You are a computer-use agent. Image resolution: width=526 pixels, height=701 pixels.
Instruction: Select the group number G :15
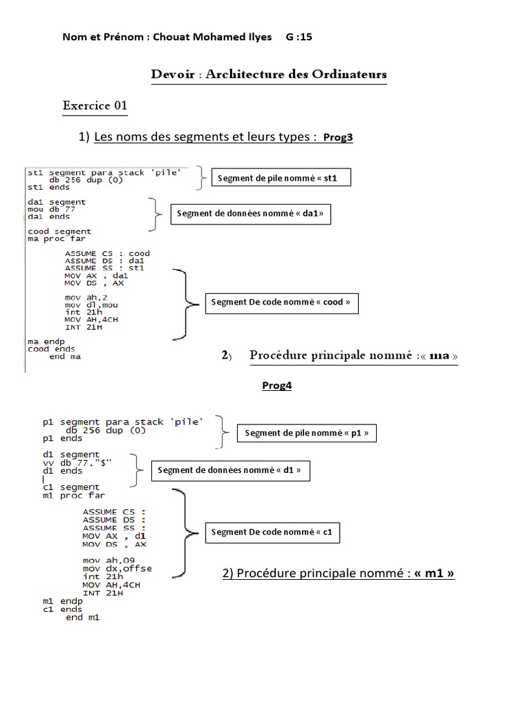pyautogui.click(x=299, y=37)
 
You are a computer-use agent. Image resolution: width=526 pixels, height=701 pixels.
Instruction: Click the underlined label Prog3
pyautogui.click(x=338, y=138)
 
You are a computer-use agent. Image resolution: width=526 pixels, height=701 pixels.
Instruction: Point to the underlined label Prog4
pyautogui.click(x=277, y=385)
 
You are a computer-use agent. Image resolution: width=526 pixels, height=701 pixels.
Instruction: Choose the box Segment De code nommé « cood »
pyautogui.click(x=282, y=302)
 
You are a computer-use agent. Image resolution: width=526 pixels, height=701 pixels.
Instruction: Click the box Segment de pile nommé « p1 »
pyautogui.click(x=307, y=433)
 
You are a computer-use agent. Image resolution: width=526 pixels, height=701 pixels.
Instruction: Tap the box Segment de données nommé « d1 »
pyautogui.click(x=229, y=470)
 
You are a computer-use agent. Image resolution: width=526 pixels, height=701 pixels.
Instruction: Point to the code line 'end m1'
pyautogui.click(x=82, y=617)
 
